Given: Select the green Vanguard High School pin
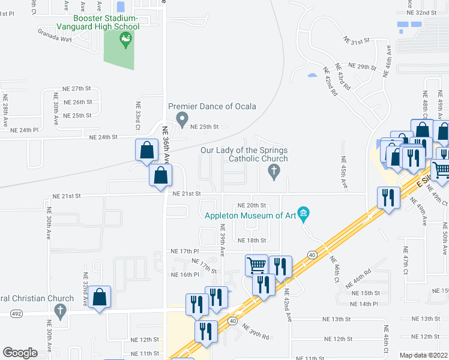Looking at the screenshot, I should [x=125, y=41].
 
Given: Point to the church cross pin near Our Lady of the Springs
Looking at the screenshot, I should [x=274, y=172].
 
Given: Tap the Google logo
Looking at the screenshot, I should [x=20, y=352].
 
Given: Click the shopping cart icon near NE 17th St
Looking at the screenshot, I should [x=256, y=265].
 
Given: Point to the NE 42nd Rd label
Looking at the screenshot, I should [x=330, y=82].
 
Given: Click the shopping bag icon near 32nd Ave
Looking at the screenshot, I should [x=101, y=296].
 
